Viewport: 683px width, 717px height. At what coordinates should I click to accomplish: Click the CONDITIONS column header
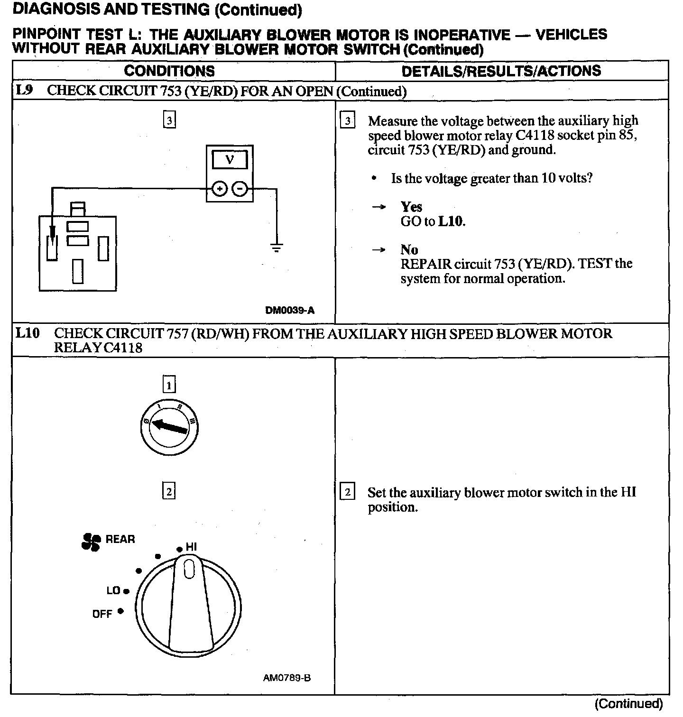(x=169, y=71)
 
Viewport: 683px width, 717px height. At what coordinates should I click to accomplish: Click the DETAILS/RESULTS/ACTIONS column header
(x=501, y=71)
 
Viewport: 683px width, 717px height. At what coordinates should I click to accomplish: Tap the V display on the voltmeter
(x=230, y=160)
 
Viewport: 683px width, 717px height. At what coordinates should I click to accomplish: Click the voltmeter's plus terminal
(x=219, y=189)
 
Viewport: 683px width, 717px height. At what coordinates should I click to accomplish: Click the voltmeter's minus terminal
(x=240, y=189)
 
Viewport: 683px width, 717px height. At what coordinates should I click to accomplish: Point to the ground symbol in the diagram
(x=277, y=247)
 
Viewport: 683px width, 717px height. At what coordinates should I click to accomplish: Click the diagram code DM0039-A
(x=289, y=311)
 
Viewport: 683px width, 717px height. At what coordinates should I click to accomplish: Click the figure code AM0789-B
(x=287, y=678)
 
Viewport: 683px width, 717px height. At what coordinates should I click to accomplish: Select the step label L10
(x=27, y=333)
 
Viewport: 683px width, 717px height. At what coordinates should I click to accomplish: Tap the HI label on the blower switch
(x=191, y=547)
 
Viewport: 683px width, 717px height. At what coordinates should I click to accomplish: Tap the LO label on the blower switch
(x=113, y=591)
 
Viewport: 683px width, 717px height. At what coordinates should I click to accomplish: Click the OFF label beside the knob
(x=102, y=614)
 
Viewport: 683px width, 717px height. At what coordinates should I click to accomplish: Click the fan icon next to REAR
(x=91, y=542)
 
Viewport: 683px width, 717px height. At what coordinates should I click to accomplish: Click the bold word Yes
(x=411, y=207)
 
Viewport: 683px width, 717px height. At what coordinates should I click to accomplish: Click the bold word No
(x=409, y=249)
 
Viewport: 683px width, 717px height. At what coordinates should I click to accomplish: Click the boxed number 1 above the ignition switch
(x=169, y=385)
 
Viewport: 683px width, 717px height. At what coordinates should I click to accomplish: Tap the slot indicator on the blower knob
(x=189, y=569)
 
